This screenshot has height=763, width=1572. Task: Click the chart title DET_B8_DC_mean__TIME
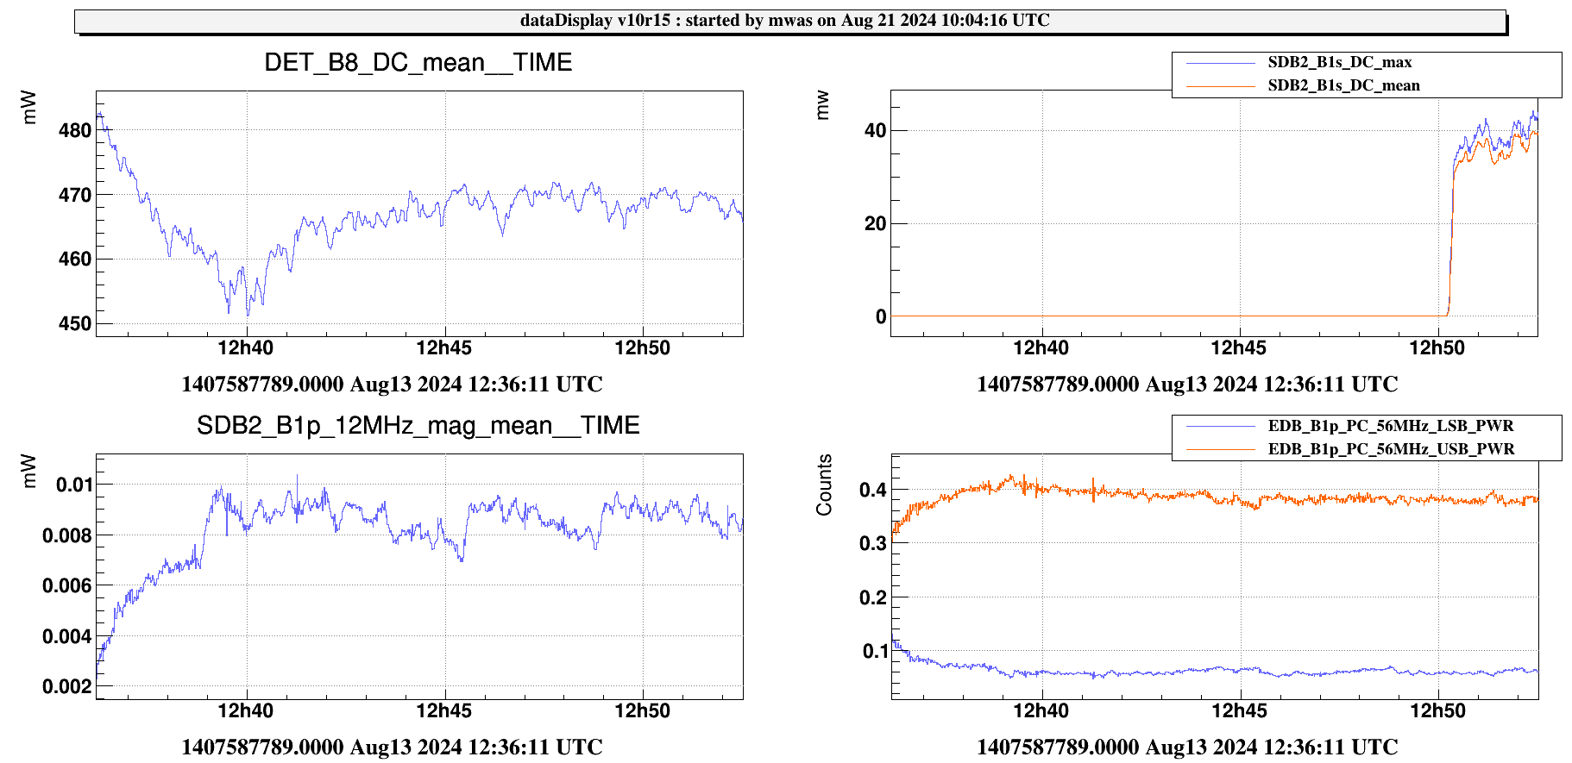pyautogui.click(x=418, y=63)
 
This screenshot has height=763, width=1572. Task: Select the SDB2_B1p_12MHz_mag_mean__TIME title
pyautogui.click(x=418, y=426)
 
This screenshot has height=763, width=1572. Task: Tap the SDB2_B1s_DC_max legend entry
pyautogui.click(x=1339, y=62)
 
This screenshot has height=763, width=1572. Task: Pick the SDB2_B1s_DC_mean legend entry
pyautogui.click(x=1343, y=85)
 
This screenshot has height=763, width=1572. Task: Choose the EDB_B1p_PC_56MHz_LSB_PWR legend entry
pyautogui.click(x=1390, y=426)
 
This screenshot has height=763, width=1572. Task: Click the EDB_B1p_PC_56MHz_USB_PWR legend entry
pyautogui.click(x=1391, y=449)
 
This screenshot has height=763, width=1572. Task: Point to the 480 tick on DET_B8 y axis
pyautogui.click(x=75, y=131)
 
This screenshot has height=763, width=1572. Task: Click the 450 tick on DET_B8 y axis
pyautogui.click(x=75, y=324)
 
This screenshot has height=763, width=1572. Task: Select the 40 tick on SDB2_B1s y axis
pyautogui.click(x=875, y=131)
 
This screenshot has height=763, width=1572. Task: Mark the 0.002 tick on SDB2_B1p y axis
pyautogui.click(x=66, y=687)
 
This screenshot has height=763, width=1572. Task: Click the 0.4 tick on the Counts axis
pyautogui.click(x=872, y=491)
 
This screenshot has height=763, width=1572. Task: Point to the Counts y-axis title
pyautogui.click(x=825, y=485)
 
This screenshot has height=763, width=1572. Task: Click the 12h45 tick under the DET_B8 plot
pyautogui.click(x=443, y=348)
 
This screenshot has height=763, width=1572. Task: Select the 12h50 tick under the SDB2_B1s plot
pyautogui.click(x=1437, y=348)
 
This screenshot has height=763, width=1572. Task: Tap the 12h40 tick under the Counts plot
pyautogui.click(x=1041, y=711)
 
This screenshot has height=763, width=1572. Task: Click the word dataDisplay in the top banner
pyautogui.click(x=566, y=21)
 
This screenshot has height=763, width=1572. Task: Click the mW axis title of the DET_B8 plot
pyautogui.click(x=29, y=108)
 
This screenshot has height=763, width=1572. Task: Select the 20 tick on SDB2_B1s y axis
pyautogui.click(x=875, y=224)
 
